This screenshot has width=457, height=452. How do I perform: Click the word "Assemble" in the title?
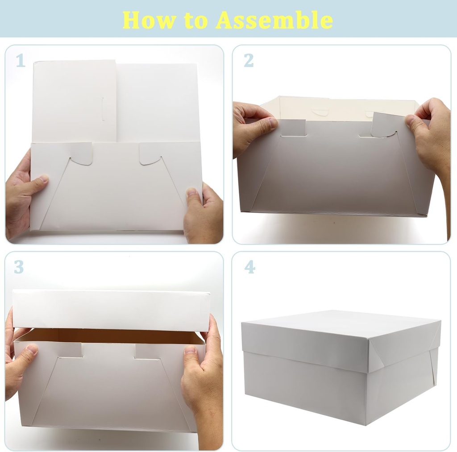(274, 20)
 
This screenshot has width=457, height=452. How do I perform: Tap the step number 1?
(20, 61)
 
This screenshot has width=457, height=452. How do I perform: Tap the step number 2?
(249, 60)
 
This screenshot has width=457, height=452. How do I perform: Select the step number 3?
(19, 267)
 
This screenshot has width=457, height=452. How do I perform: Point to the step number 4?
(249, 267)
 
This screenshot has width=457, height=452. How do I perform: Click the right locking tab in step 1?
(150, 153)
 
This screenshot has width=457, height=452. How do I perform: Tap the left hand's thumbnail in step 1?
(43, 179)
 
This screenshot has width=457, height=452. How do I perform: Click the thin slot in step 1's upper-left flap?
(103, 109)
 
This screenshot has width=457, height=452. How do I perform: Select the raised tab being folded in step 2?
(384, 125)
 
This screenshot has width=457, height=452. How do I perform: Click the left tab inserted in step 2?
(293, 128)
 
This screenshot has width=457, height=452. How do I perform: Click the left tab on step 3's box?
(70, 350)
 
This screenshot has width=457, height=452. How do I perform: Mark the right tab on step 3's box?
(147, 351)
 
